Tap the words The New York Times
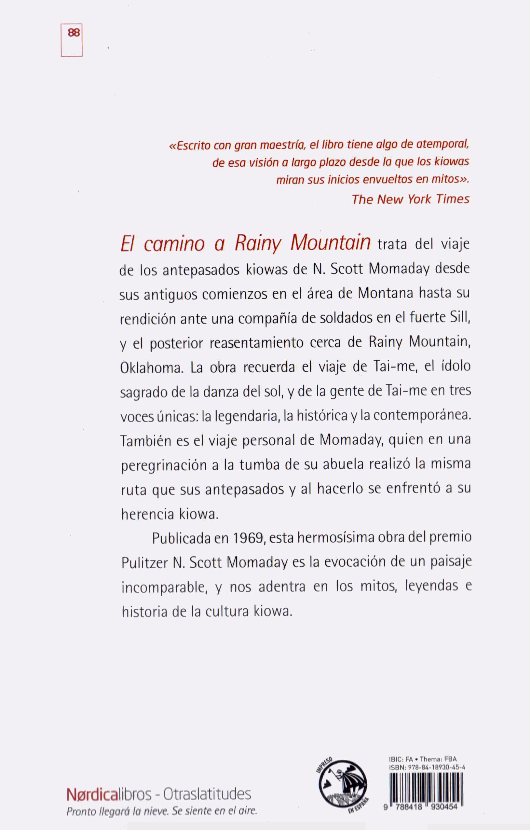[410, 199]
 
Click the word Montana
[385, 293]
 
